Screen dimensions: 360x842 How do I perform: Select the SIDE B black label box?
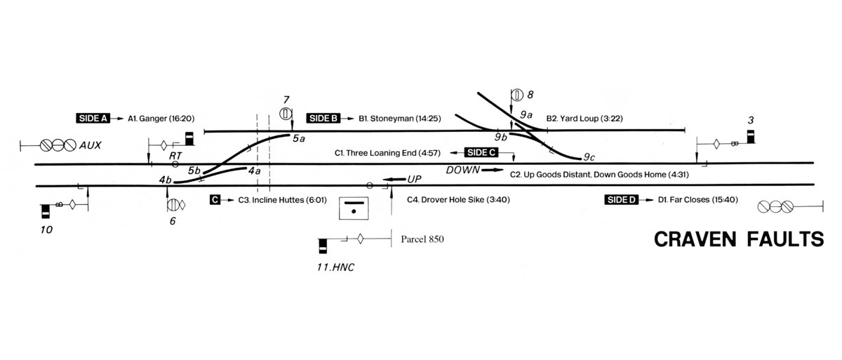tap(323, 119)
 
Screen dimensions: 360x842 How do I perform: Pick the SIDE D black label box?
tap(621, 200)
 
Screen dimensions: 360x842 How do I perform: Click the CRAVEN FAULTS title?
tap(738, 240)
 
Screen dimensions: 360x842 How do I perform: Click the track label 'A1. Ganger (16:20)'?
tap(161, 119)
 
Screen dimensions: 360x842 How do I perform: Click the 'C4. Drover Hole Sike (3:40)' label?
tap(457, 200)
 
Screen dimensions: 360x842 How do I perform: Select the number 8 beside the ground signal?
tap(530, 94)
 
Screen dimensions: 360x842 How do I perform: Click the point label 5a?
tap(300, 138)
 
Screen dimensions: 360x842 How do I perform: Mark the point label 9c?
tap(590, 157)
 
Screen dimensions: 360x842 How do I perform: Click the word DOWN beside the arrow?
tap(462, 170)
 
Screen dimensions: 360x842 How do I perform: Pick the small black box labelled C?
tap(216, 200)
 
